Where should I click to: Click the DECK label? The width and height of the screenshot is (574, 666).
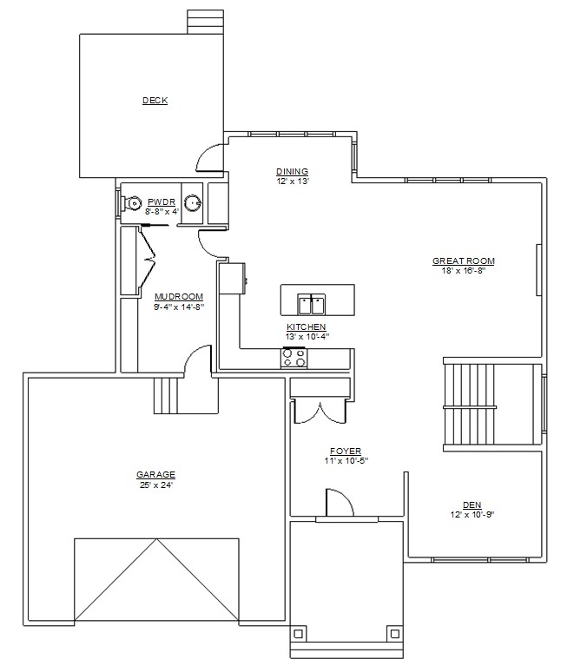click(x=155, y=101)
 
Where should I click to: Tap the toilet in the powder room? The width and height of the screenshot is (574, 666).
click(x=130, y=203)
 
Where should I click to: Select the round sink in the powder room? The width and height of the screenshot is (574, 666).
click(x=193, y=202)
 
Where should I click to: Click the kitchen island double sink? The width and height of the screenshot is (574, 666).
click(x=312, y=304)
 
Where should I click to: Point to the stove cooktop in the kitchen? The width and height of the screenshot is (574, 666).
click(x=294, y=358)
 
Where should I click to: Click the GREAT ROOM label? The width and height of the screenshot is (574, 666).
click(x=464, y=260)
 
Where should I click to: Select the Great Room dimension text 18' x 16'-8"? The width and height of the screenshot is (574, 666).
click(x=464, y=271)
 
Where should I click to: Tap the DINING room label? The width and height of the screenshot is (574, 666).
click(x=293, y=172)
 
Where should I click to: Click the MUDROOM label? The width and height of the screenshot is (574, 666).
click(x=179, y=296)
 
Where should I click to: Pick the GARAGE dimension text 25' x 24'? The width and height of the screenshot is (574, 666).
click(x=156, y=485)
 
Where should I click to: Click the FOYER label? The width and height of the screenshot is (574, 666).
click(x=346, y=451)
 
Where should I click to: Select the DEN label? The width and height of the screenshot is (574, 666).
click(x=472, y=505)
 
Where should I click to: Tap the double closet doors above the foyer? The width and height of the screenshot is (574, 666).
click(x=320, y=412)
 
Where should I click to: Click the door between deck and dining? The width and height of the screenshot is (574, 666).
click(x=210, y=158)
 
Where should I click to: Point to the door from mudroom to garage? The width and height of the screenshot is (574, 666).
click(x=198, y=360)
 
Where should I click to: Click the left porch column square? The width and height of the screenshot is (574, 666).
click(x=299, y=634)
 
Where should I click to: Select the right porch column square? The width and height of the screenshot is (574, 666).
click(x=395, y=634)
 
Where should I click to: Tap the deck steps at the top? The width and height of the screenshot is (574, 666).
click(x=206, y=22)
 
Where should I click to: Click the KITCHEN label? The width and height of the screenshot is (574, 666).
click(x=307, y=327)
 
